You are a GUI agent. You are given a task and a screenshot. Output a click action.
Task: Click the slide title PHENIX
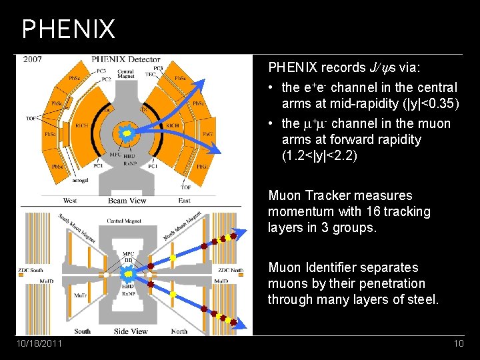(68, 29)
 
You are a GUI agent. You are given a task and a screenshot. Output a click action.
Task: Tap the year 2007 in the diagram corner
(33, 59)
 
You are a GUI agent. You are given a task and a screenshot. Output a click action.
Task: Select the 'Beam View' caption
(127, 200)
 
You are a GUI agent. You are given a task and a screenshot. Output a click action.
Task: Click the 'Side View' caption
(131, 331)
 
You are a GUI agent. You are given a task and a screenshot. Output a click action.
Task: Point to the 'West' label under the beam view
(70, 200)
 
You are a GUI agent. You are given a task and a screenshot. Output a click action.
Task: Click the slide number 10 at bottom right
(458, 343)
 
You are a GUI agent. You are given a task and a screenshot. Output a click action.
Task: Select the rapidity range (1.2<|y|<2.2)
(319, 155)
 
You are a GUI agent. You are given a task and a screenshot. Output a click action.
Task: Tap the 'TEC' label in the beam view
(150, 74)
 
